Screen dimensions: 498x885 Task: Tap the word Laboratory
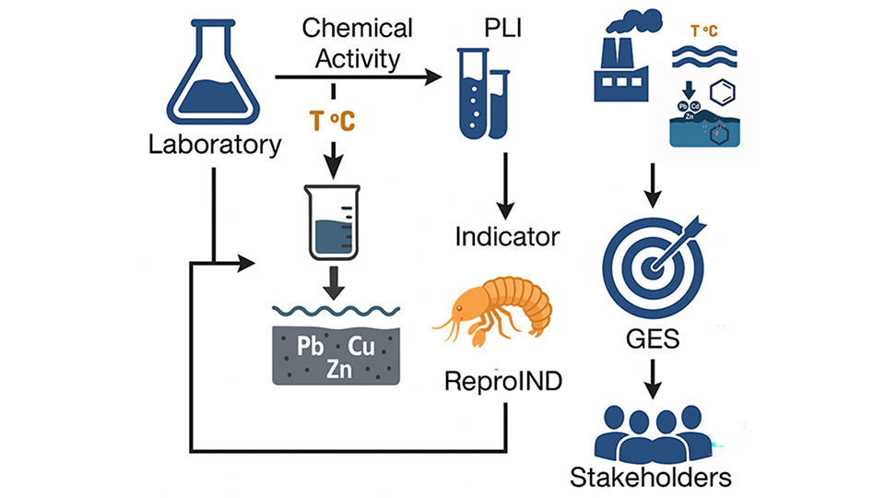(x=215, y=145)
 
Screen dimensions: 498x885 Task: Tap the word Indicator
(x=507, y=236)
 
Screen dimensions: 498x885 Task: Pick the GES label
(x=652, y=338)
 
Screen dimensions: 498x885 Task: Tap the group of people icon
(x=651, y=430)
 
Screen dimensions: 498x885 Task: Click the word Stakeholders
(x=651, y=478)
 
